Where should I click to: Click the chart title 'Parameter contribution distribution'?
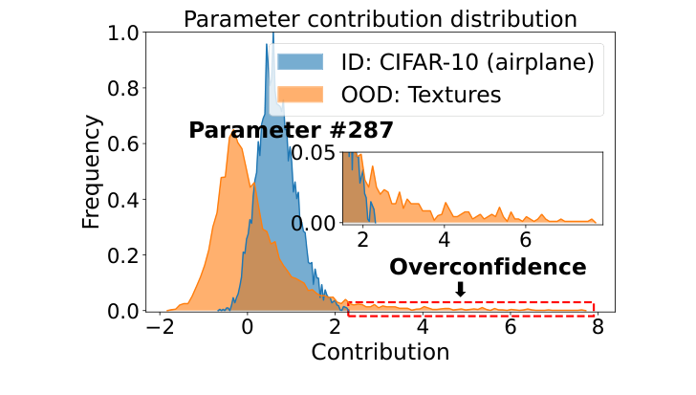[x=381, y=18]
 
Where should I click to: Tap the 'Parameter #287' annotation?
[x=291, y=131]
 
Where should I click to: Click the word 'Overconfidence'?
[x=488, y=267]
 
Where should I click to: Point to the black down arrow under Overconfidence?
[x=460, y=289]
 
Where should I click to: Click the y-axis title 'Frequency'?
[x=91, y=173]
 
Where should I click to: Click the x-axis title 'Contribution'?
[x=381, y=352]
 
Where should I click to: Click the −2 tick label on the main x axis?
[x=155, y=327]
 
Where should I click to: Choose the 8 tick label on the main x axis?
[x=598, y=327]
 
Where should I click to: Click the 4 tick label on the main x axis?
[x=422, y=327]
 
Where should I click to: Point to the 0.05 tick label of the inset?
[x=315, y=153]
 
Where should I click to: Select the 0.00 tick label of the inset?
[x=315, y=222]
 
